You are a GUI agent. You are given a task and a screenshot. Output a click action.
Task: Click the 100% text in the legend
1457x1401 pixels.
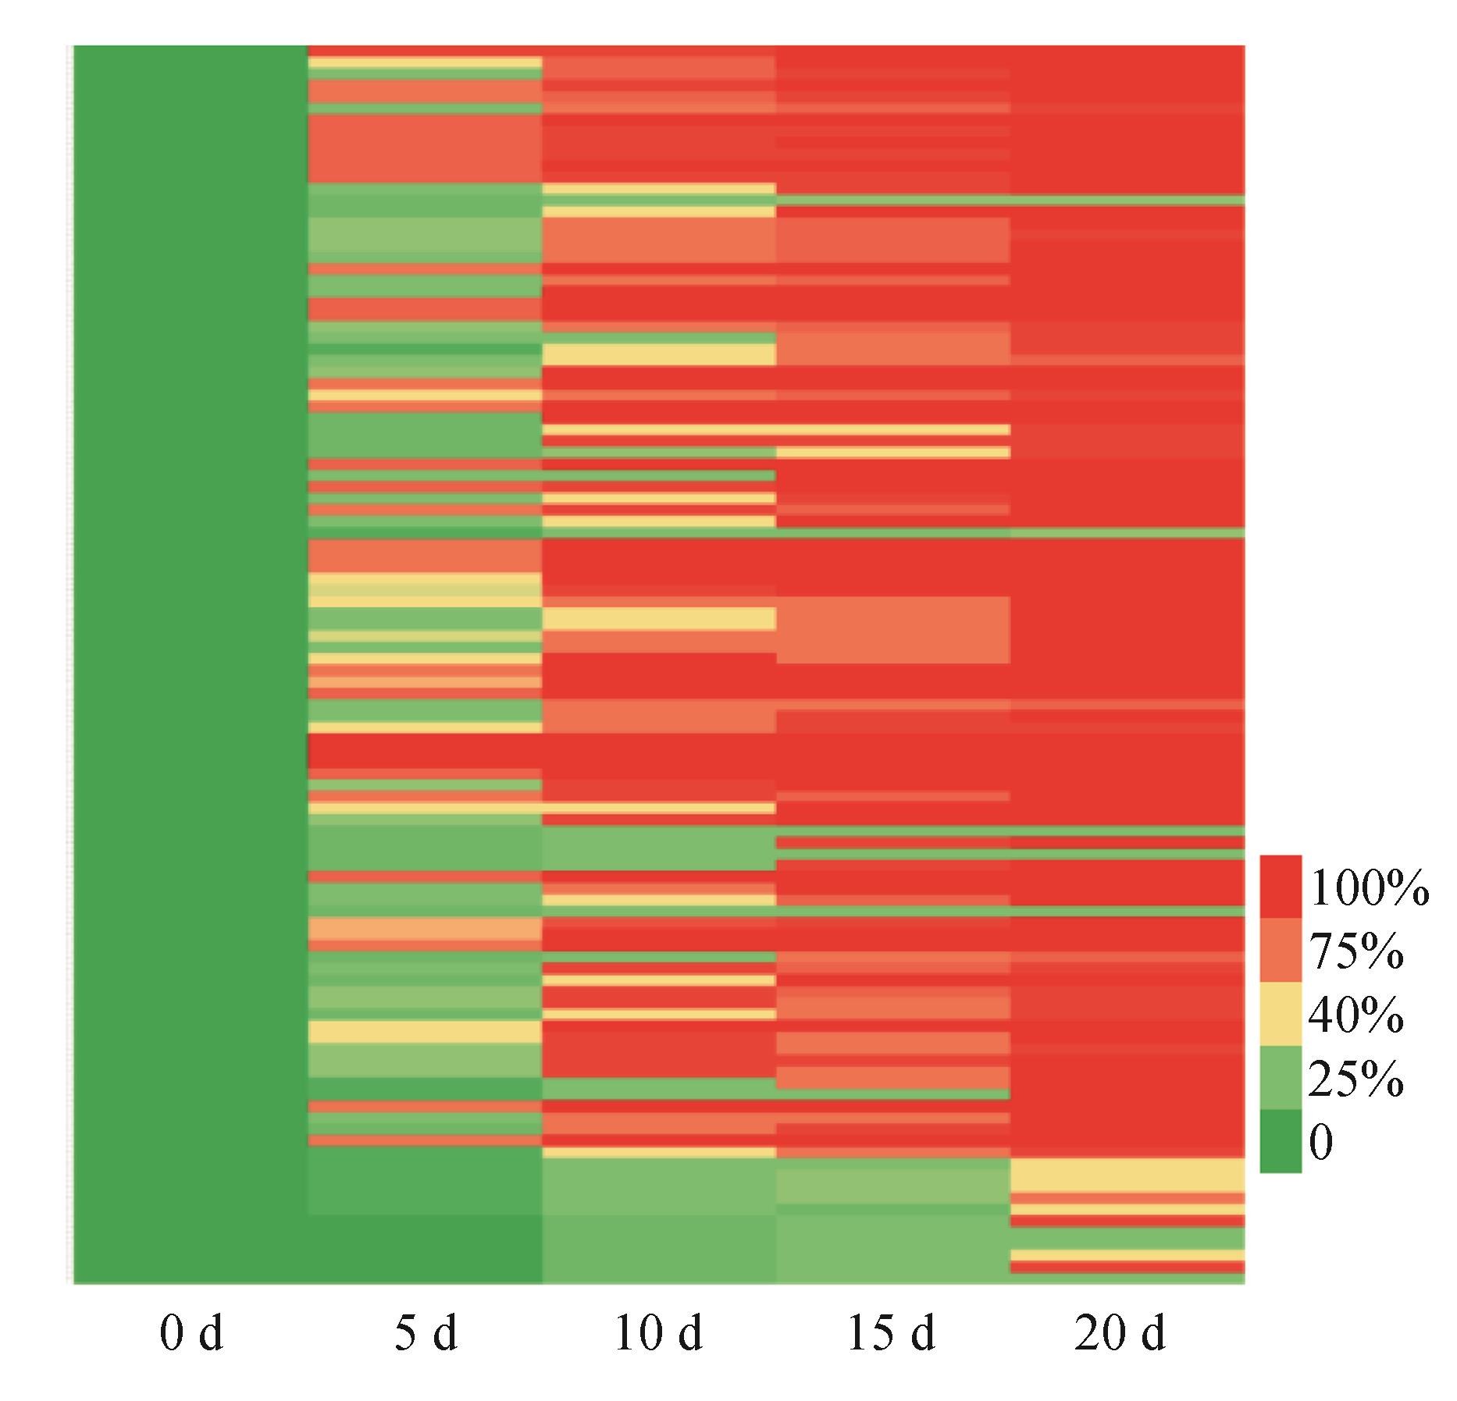point(1369,889)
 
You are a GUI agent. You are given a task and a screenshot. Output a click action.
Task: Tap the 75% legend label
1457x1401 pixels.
point(1357,952)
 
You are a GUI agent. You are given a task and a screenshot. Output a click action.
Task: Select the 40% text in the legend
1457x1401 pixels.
point(1357,1015)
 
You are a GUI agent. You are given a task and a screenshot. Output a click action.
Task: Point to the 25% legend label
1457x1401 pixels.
point(1357,1079)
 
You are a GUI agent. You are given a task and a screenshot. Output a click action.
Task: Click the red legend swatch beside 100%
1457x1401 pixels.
point(1281,887)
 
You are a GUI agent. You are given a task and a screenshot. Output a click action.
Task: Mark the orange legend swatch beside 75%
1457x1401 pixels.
point(1281,950)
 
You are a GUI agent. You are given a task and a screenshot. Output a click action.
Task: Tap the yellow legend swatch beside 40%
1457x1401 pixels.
point(1281,1014)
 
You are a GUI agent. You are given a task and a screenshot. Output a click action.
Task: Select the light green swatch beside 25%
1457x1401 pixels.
point(1281,1078)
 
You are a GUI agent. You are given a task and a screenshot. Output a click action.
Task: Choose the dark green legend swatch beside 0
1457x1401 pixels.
point(1281,1141)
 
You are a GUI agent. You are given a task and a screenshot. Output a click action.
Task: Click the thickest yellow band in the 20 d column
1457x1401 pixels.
point(1127,1175)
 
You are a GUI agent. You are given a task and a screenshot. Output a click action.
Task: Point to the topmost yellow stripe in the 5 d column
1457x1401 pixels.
point(425,62)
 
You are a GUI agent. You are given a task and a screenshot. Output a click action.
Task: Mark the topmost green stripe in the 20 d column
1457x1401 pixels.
point(1127,201)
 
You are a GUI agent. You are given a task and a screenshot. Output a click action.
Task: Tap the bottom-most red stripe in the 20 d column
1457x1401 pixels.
point(1127,1267)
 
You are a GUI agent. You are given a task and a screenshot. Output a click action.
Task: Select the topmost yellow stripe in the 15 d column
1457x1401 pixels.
point(892,429)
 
